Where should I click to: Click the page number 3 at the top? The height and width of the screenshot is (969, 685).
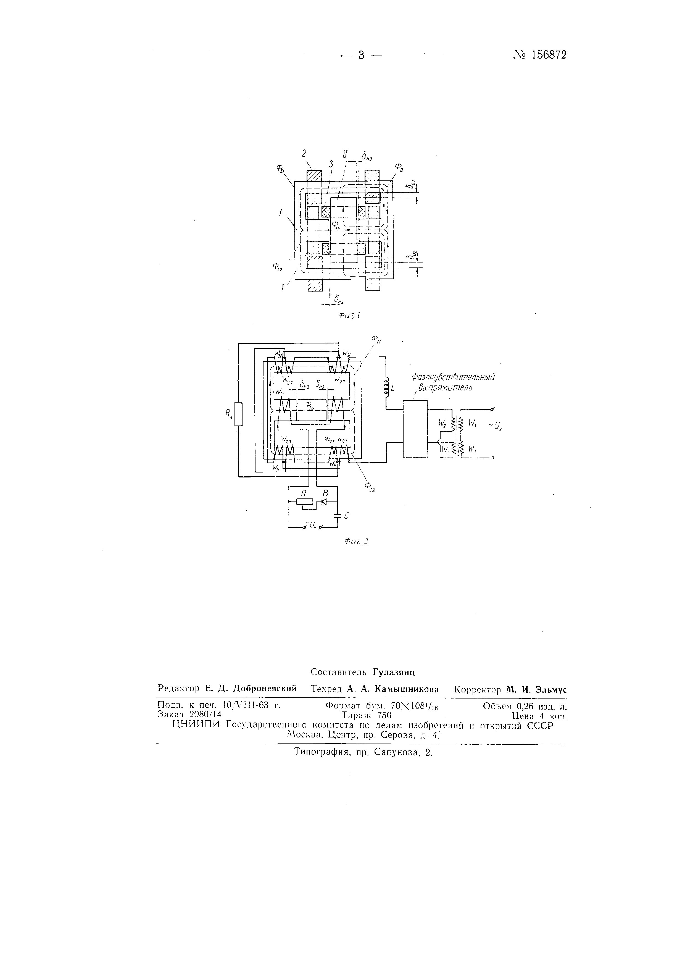[361, 55]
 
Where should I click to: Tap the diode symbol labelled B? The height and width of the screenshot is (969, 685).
[324, 502]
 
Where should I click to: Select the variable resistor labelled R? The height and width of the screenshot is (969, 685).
[304, 502]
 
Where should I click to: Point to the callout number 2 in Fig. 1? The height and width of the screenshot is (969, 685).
[304, 154]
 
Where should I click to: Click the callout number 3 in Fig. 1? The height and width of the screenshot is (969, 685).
[331, 164]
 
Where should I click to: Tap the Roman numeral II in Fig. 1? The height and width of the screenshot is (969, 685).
[345, 155]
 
